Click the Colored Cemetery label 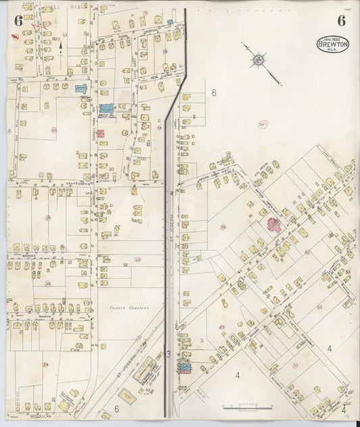coord(128,307)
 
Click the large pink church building coord(275,225)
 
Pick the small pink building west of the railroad coord(100,133)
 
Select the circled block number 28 coord(48,284)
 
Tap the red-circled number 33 coord(262,124)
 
